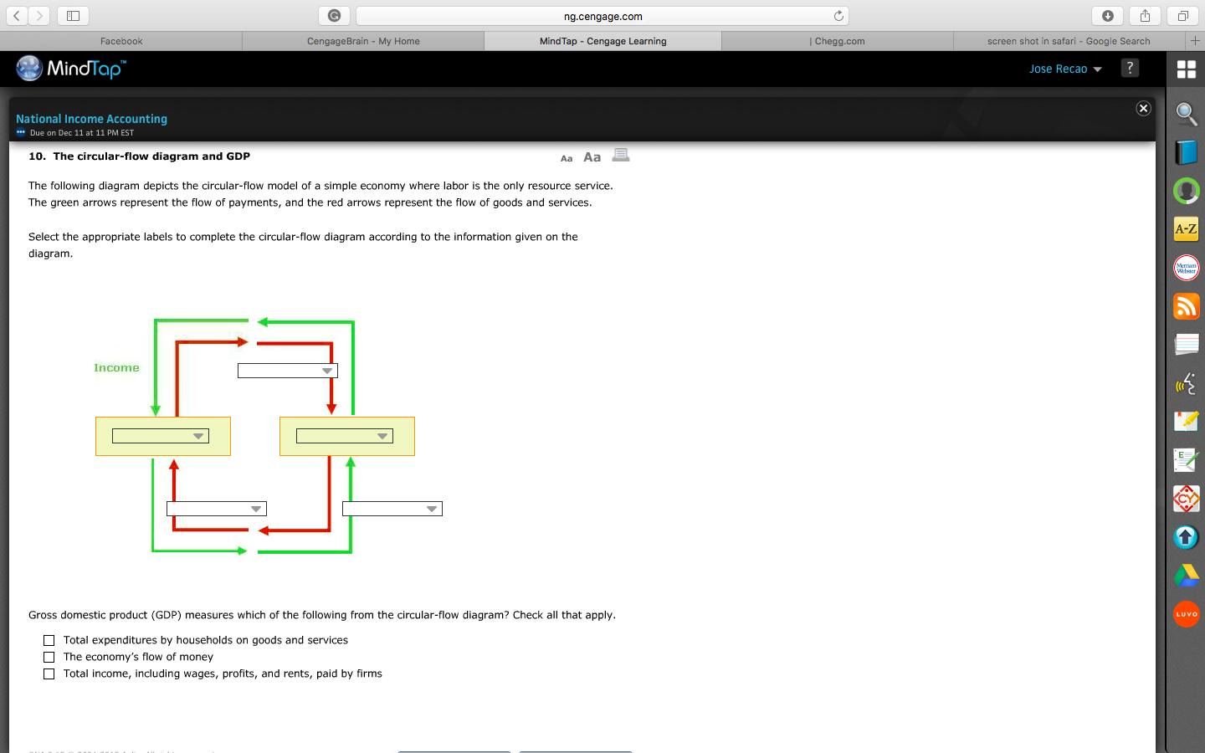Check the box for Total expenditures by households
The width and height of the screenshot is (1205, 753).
coord(49,640)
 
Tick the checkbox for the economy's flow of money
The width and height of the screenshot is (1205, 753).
coord(49,657)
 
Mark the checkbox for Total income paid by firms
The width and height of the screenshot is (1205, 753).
coord(49,674)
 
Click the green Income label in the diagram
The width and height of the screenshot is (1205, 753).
coord(116,368)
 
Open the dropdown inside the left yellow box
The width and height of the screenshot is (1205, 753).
coord(161,436)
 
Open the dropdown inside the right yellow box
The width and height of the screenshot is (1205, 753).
coord(345,436)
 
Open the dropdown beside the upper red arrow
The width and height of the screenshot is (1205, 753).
coord(288,371)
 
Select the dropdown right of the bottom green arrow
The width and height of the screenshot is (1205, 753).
coord(392,509)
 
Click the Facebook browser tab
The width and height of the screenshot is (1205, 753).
coord(121,41)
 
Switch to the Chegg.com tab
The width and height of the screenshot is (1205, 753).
coord(838,41)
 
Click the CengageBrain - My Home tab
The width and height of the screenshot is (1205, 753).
coord(363,41)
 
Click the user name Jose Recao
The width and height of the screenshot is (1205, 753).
coord(1058,69)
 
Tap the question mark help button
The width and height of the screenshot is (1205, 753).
coord(1130,69)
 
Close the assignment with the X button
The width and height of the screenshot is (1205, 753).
coord(1143,109)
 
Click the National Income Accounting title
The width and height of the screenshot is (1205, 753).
coord(91,119)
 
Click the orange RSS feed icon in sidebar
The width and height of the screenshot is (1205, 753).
coord(1186,306)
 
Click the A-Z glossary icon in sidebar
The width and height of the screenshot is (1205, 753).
coord(1186,229)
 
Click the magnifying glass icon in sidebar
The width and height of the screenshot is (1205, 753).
coord(1186,114)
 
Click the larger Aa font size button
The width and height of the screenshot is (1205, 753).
coord(592,157)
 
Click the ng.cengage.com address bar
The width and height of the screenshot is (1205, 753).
coord(602,16)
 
